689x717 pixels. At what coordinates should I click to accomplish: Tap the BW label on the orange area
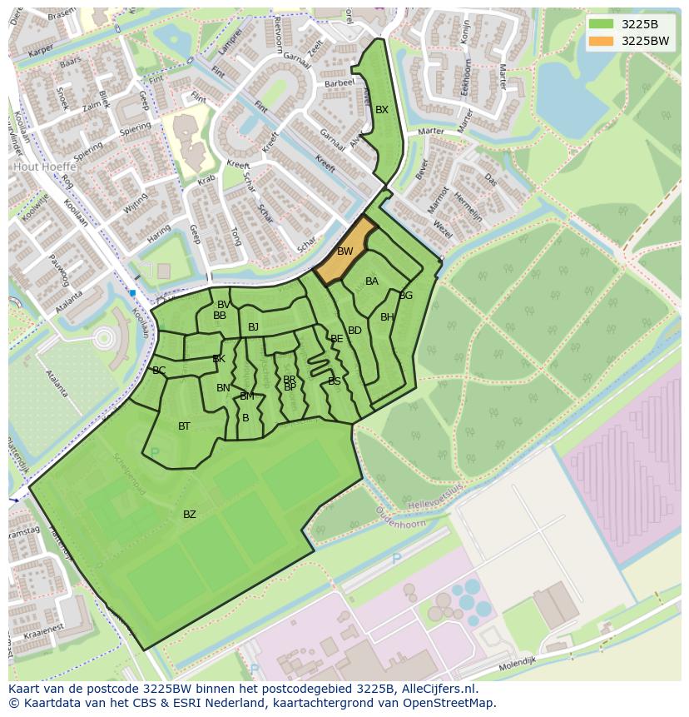[x=344, y=251]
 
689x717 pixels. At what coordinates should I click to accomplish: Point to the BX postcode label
[x=382, y=110]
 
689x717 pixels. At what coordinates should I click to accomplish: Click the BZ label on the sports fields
[x=190, y=515]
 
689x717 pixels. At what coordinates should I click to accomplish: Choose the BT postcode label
[x=184, y=426]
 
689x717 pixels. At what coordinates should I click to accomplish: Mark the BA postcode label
[x=372, y=281]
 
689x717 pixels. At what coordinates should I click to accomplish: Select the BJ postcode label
[x=253, y=327]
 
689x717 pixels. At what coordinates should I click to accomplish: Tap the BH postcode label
[x=387, y=317]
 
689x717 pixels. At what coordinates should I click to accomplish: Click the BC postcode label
[x=159, y=371]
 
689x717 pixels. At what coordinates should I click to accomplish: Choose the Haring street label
[x=159, y=238]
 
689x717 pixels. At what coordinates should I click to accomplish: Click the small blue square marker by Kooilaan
[x=132, y=293]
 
